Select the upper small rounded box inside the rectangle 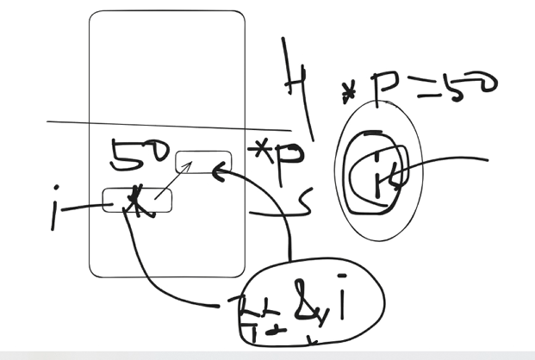coord(203,162)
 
